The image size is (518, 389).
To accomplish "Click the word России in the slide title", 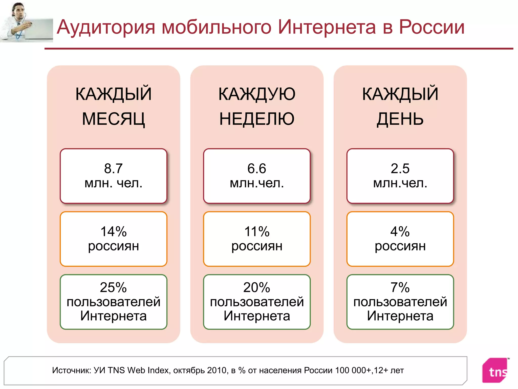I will (431, 27).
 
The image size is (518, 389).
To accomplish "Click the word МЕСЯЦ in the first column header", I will (113, 119).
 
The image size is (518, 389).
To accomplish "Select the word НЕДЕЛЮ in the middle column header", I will (257, 119).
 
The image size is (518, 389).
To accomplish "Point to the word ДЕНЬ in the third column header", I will (400, 119).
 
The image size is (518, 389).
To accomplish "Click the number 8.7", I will (113, 168).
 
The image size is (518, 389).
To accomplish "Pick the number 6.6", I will (257, 168).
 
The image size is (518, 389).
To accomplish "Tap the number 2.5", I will (400, 168).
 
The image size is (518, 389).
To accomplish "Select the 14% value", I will (113, 231).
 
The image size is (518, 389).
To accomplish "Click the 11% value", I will (257, 231).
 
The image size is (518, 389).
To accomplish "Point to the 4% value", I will (400, 231).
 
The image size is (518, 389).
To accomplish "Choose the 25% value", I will (113, 287).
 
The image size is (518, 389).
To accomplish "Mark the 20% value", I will (257, 287).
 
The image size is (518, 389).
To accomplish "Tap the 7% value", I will (400, 287).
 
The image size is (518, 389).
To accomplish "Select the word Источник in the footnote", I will (72, 370).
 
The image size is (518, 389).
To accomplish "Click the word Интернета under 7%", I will (400, 316).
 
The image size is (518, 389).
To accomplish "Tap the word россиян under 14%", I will (113, 246).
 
